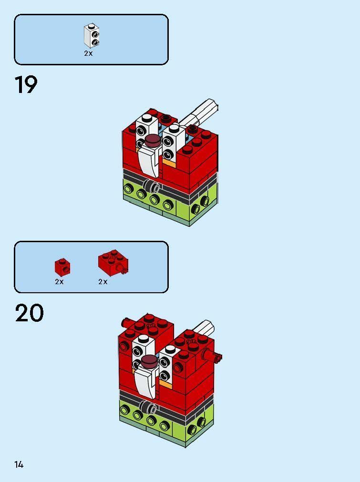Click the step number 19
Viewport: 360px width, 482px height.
(x=26, y=85)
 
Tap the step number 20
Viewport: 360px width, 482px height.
(x=29, y=313)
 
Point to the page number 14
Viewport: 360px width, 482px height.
(x=19, y=464)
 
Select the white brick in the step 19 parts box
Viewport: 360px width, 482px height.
(x=92, y=36)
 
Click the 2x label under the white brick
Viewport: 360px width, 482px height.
(x=88, y=53)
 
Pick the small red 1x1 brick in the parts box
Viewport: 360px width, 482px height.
(x=62, y=267)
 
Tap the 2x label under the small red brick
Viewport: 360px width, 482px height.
(x=59, y=282)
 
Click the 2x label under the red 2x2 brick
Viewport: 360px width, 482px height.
(x=103, y=282)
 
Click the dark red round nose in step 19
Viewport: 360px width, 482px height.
(x=153, y=139)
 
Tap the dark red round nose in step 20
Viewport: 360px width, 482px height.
(x=150, y=359)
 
